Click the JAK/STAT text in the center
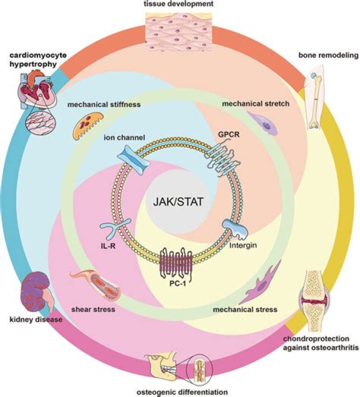[x=178, y=202]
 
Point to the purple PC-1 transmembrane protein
[x=176, y=263]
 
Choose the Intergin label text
[x=243, y=245]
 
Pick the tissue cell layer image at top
[x=179, y=31]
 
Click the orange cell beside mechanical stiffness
[x=88, y=125]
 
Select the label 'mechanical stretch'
[x=255, y=103]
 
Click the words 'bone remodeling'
[x=328, y=55]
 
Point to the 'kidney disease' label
[x=36, y=319]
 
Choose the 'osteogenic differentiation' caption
[x=182, y=392]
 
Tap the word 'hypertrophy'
[x=33, y=64]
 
